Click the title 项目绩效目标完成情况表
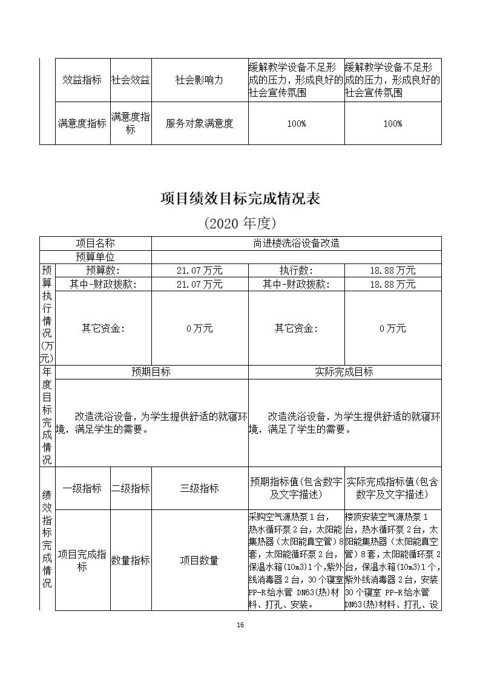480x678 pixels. tap(240, 199)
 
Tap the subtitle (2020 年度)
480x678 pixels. tap(240, 223)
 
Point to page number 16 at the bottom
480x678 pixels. tap(240, 625)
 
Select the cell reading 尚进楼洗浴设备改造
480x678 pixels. tap(296, 243)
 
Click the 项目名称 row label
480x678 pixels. tap(95, 243)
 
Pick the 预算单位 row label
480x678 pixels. tap(95, 257)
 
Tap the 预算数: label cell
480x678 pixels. tap(103, 271)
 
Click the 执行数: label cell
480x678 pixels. tap(296, 271)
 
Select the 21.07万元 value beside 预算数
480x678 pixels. tap(199, 271)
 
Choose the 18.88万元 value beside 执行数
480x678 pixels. tap(392, 271)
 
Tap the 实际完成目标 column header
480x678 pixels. tap(344, 372)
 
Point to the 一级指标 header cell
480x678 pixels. tap(82, 488)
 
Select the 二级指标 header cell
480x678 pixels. tap(131, 488)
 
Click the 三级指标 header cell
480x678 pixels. tap(199, 488)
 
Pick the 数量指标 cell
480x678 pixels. tap(131, 560)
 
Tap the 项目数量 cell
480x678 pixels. tap(199, 560)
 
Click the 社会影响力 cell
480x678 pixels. tap(199, 80)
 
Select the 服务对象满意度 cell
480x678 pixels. tap(199, 123)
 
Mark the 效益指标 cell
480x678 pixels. tap(82, 80)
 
